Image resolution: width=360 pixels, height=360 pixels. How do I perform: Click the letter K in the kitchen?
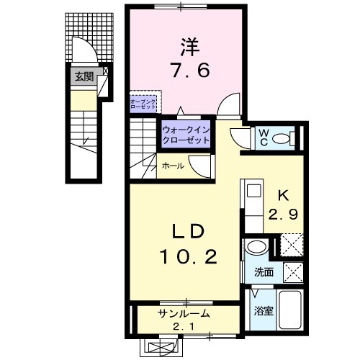pos(283,194)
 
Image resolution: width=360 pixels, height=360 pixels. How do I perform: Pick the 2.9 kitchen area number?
pos(284,214)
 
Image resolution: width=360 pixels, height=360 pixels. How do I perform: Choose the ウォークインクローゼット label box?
pos(186,135)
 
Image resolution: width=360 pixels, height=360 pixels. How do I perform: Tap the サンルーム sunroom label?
pos(184,313)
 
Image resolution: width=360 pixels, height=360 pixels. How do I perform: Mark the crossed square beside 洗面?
pos(292,272)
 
